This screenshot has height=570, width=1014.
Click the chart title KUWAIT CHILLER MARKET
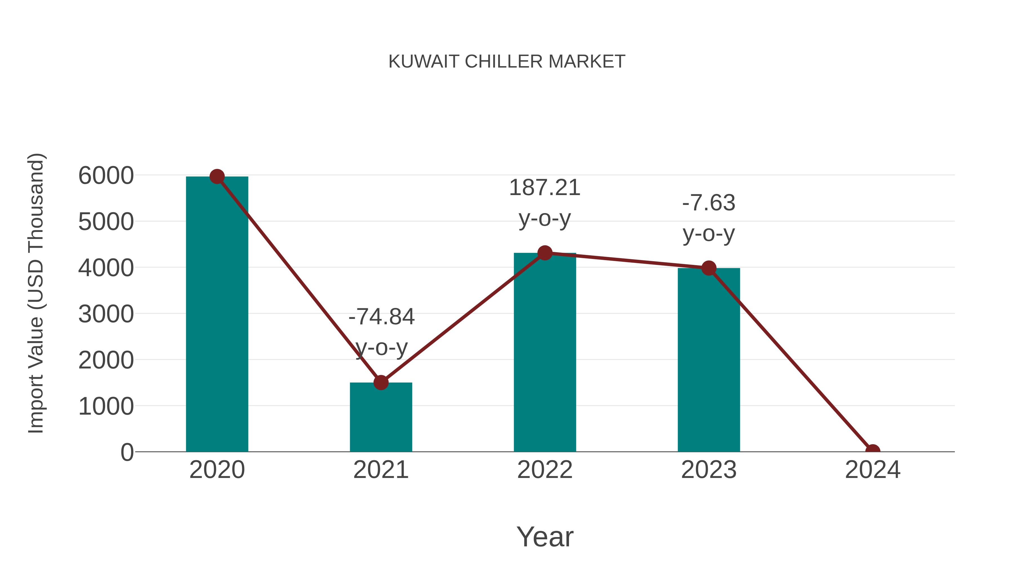click(x=507, y=62)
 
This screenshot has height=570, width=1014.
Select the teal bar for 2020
click(x=217, y=315)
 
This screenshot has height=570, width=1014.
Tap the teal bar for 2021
click(x=381, y=417)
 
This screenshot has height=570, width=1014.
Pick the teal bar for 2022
click(x=545, y=354)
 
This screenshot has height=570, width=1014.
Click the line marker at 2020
click(x=217, y=176)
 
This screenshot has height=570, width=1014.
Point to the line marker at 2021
click(x=381, y=382)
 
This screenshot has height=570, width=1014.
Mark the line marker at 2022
click(x=545, y=253)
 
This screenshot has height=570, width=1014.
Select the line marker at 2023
click(x=709, y=268)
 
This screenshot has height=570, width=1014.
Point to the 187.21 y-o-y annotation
click(x=545, y=203)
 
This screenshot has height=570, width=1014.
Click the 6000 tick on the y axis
click(x=106, y=175)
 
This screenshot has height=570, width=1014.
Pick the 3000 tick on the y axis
click(x=106, y=314)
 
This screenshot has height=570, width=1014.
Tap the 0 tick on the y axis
click(x=127, y=452)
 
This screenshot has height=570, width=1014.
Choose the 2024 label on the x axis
click(x=873, y=470)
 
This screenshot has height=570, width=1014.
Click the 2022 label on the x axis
click(x=545, y=470)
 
